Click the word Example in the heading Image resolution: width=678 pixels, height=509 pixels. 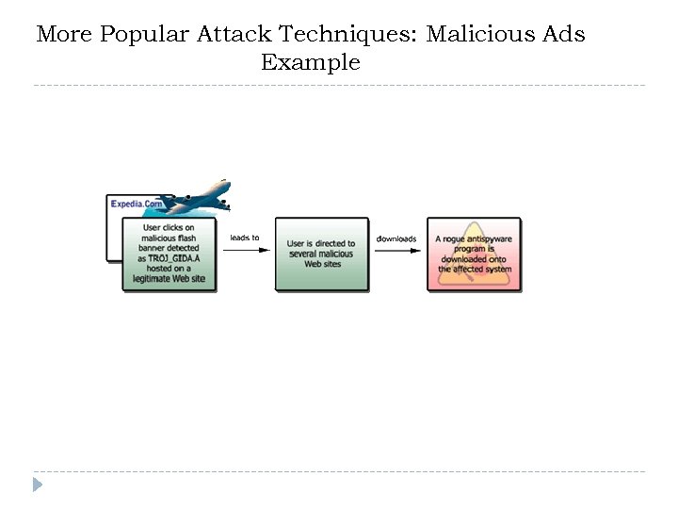click(311, 63)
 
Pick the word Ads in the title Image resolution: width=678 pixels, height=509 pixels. click(563, 35)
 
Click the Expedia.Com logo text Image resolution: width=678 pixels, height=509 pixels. click(137, 204)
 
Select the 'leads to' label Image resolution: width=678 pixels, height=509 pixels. click(245, 238)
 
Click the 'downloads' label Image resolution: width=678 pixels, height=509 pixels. click(395, 238)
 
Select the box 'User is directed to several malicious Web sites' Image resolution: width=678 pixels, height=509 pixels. click(321, 254)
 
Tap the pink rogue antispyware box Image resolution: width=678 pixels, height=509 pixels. click(474, 254)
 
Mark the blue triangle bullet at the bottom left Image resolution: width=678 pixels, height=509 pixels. click(38, 484)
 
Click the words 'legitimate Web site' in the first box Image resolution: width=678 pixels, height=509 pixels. click(169, 280)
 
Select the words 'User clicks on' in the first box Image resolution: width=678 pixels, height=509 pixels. click(169, 228)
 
